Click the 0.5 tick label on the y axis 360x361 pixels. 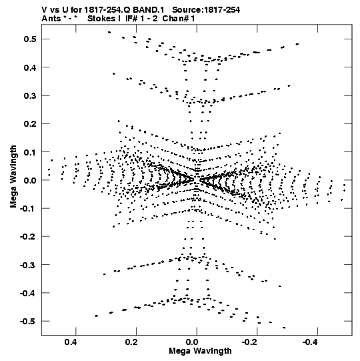pyautogui.click(x=30, y=39)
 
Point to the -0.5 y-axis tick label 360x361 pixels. pyautogui.click(x=27, y=321)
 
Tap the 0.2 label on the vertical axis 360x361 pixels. pyautogui.click(x=30, y=124)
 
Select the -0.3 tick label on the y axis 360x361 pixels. pyautogui.click(x=27, y=265)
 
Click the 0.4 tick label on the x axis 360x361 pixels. pyautogui.click(x=71, y=342)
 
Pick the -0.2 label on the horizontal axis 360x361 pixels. pyautogui.click(x=250, y=342)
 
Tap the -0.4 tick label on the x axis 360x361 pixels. pyautogui.click(x=311, y=342)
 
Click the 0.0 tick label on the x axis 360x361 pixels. pyautogui.click(x=192, y=342)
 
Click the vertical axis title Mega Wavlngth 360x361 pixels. pyautogui.click(x=13, y=177)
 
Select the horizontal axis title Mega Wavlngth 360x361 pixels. pyautogui.click(x=200, y=351)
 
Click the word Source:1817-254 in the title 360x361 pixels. pyautogui.click(x=206, y=10)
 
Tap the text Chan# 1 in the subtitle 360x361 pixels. pyautogui.click(x=179, y=19)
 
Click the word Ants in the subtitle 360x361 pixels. pyautogui.click(x=51, y=19)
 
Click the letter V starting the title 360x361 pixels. pyautogui.click(x=44, y=10)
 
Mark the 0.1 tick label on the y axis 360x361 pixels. pyautogui.click(x=30, y=152)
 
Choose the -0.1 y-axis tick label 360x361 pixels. pyautogui.click(x=27, y=208)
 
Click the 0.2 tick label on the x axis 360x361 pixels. pyautogui.click(x=131, y=342)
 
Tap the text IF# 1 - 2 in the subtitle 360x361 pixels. pyautogui.click(x=141, y=19)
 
